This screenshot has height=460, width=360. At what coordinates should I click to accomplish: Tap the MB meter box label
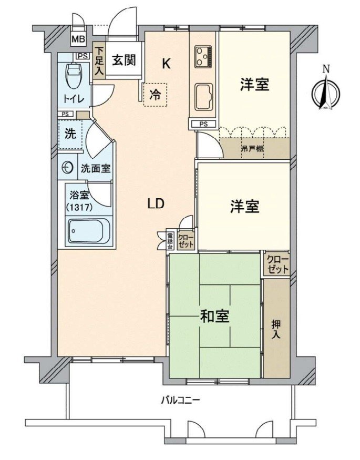pos(78,39)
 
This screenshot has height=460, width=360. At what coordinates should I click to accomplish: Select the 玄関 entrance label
pos(124,60)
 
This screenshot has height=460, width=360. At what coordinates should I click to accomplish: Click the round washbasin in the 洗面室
pos(67,168)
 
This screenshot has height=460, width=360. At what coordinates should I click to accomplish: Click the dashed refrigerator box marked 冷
pos(155,95)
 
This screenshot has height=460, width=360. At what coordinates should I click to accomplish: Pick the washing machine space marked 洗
pos(69,134)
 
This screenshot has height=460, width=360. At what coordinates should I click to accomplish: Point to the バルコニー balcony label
pos(180,401)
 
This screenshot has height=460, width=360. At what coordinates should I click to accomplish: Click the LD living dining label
pos(156,204)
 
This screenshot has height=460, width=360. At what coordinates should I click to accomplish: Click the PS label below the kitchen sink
pos(203,124)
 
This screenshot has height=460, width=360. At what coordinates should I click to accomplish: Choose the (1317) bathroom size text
pos(79,207)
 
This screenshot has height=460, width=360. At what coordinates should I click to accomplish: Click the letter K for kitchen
pos(166,64)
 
